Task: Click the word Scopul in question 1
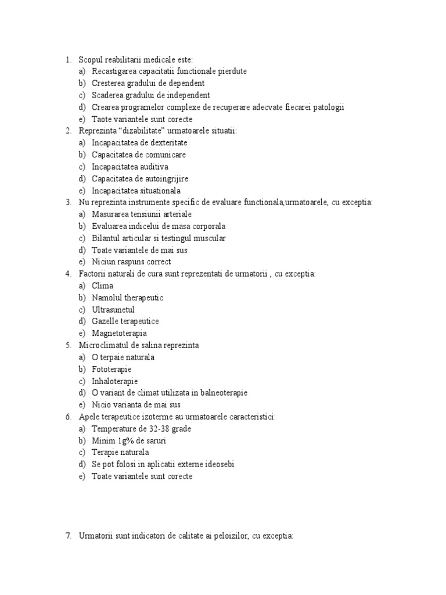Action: point(91,59)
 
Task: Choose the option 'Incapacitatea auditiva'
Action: point(130,167)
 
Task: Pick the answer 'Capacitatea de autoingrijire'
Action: point(140,178)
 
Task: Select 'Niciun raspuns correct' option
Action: point(131,262)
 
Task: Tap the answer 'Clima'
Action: point(103,286)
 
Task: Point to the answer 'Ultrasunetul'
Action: point(113,310)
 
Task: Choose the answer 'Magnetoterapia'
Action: point(120,334)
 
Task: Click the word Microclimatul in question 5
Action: point(103,345)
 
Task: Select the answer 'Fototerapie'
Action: point(111,369)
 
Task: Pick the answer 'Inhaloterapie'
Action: point(115,381)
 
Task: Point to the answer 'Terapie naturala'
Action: point(120,453)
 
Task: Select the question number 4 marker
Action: point(68,274)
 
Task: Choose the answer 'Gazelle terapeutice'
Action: point(125,321)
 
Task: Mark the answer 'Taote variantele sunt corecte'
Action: point(142,119)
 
